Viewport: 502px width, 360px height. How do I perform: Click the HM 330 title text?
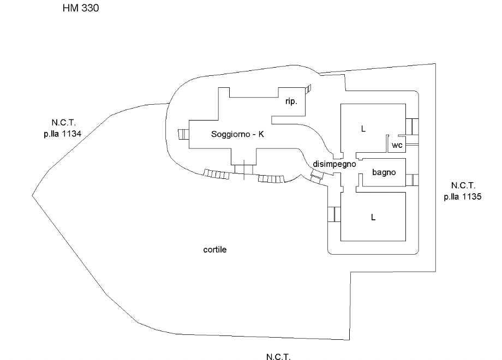click(81, 9)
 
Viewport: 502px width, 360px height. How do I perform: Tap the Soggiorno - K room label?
click(237, 134)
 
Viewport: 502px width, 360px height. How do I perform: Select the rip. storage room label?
click(291, 101)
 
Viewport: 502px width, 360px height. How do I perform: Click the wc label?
click(397, 146)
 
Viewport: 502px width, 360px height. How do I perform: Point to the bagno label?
click(384, 172)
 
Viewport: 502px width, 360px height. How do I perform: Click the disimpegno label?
click(334, 164)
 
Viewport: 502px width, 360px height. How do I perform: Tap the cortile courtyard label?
click(214, 250)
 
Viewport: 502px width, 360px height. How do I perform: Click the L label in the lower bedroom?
click(373, 217)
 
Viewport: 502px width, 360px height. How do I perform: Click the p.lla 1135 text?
click(462, 197)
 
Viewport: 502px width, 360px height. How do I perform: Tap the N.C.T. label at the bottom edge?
click(278, 357)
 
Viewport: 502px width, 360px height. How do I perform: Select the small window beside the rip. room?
click(309, 88)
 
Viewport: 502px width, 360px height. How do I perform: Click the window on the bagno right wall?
click(414, 179)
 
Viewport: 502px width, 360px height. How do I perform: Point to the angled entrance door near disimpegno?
click(316, 176)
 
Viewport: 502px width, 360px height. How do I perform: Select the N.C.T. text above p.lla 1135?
click(462, 185)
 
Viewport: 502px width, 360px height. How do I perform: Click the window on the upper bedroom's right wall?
click(412, 126)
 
